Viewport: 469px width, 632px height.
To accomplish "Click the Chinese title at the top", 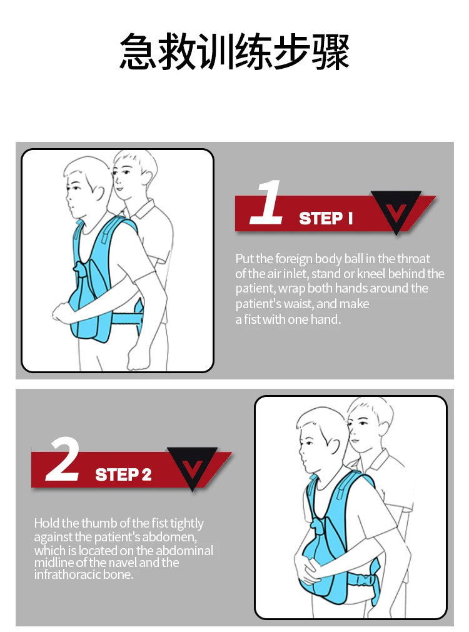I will [234, 53].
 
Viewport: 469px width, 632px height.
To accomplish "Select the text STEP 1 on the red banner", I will [326, 218].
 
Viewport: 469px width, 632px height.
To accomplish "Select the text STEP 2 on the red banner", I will [123, 474].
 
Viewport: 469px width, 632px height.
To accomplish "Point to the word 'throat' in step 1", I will [413, 259].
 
